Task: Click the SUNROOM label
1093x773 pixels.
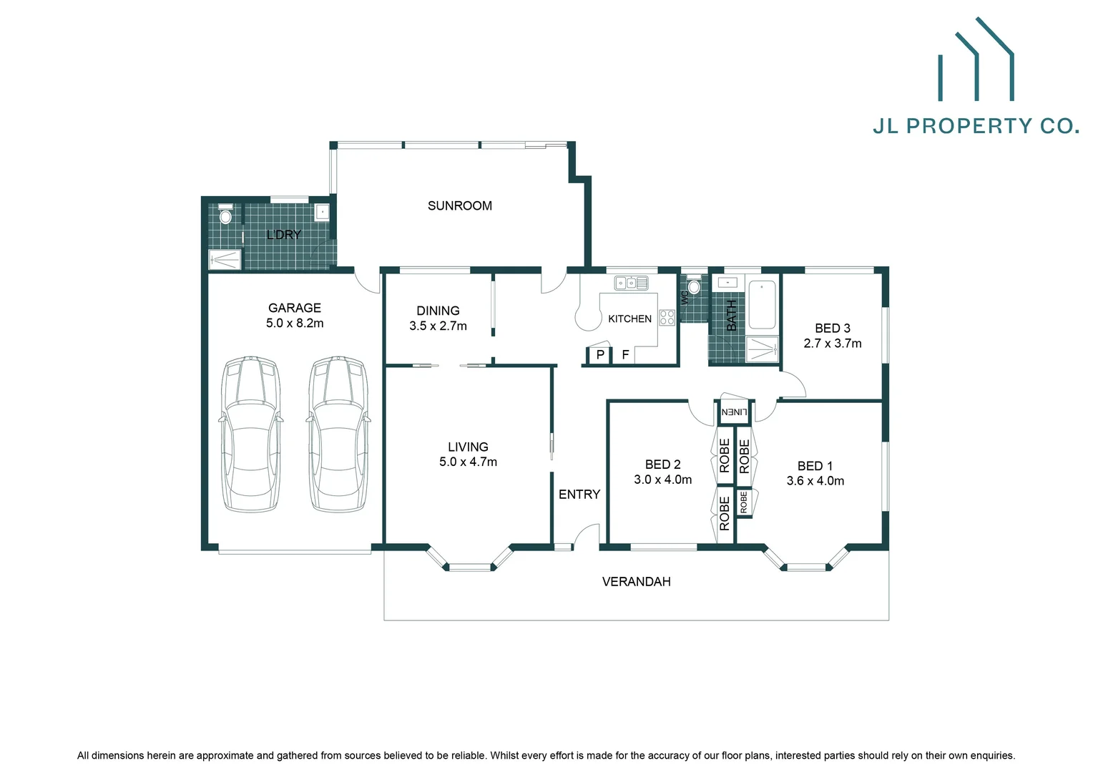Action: (x=459, y=205)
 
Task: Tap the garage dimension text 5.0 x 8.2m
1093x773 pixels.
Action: (x=295, y=324)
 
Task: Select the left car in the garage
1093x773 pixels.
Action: (x=250, y=434)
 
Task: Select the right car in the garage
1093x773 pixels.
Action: (x=339, y=434)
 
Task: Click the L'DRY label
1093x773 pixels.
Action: (x=283, y=235)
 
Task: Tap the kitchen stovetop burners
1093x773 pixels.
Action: (x=667, y=318)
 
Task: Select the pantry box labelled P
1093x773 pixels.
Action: (x=599, y=355)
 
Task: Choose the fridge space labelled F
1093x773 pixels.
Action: (x=625, y=355)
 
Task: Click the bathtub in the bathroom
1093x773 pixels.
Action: (x=762, y=305)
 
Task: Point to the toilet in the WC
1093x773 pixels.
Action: (x=693, y=286)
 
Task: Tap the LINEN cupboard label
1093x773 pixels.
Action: (x=734, y=412)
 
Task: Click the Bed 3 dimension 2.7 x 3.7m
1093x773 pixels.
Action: (x=832, y=344)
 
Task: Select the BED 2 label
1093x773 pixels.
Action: (x=662, y=465)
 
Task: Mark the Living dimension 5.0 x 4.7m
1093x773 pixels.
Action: (x=468, y=462)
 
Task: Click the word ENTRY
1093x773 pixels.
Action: (x=579, y=495)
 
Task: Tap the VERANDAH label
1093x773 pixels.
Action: (x=636, y=582)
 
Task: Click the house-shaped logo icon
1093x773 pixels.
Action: (x=976, y=60)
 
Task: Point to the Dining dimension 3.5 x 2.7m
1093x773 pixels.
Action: (x=438, y=326)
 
